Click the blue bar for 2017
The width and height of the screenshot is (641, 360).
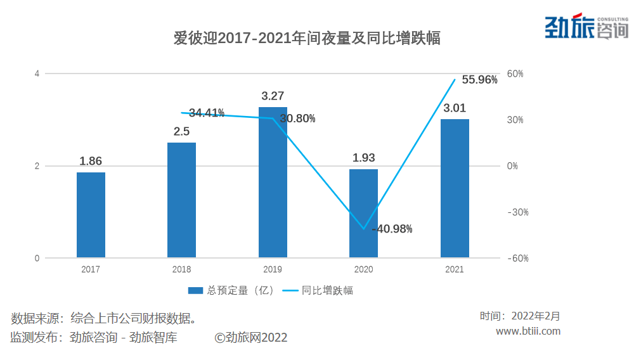(91, 215)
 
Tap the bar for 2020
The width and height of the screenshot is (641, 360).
(363, 214)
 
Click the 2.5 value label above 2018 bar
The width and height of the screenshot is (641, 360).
(181, 132)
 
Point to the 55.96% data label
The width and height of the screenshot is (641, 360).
(479, 80)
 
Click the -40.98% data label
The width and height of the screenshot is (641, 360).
(392, 229)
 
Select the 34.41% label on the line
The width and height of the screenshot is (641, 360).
(207, 113)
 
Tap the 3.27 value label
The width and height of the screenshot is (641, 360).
(273, 96)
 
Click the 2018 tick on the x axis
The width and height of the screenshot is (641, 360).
(181, 269)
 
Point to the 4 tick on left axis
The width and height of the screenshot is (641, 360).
(37, 74)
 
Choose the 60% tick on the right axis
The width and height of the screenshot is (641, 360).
(515, 74)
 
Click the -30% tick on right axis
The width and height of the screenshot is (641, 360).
(517, 212)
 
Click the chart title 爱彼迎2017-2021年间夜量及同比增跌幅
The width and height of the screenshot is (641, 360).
(307, 39)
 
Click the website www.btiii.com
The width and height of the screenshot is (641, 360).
(528, 331)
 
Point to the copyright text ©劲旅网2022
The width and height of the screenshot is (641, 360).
(251, 338)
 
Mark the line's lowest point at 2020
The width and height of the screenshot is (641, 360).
(364, 229)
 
